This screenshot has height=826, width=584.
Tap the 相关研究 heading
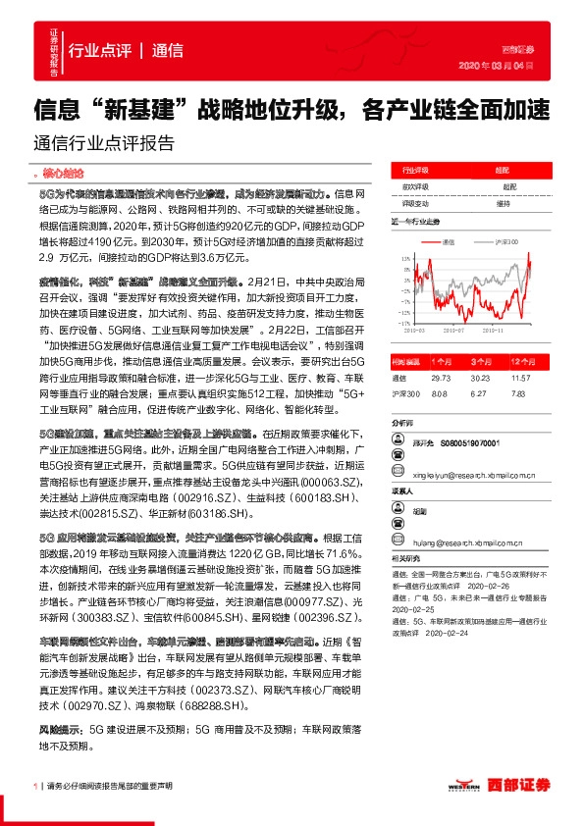402,555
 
